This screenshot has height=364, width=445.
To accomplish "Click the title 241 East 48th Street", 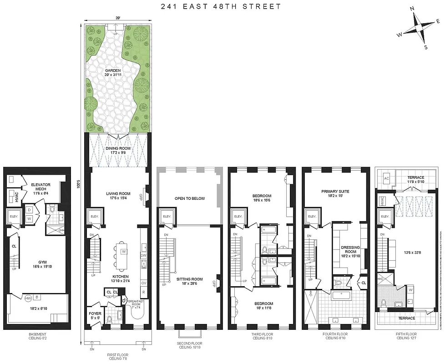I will click(221, 6).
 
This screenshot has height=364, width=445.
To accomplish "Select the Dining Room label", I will click(118, 148).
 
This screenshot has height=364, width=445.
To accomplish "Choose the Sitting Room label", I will click(189, 279).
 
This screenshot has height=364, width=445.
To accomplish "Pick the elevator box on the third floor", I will click(238, 216).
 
